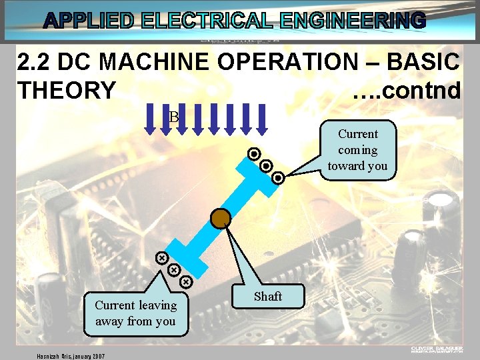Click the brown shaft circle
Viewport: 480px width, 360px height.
click(221, 218)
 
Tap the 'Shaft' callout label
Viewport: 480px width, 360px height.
click(268, 296)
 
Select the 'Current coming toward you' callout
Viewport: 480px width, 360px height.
click(357, 150)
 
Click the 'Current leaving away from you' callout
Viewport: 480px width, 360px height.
click(135, 313)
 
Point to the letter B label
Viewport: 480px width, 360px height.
click(174, 117)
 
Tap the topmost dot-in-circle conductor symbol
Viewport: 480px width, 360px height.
click(254, 154)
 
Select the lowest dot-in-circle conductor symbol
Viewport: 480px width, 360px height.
click(279, 178)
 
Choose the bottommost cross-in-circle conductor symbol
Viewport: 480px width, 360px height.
click(186, 282)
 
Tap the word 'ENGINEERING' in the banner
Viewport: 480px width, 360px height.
click(353, 21)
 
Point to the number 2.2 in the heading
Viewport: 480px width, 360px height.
click(35, 63)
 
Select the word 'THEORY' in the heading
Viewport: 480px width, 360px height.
click(67, 90)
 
